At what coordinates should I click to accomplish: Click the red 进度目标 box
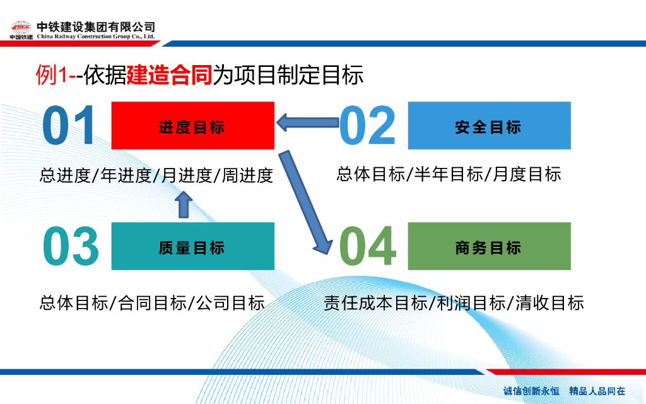[192, 126]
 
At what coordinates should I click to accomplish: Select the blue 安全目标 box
[489, 126]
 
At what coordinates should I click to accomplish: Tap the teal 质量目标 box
[192, 246]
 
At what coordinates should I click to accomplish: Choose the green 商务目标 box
[489, 246]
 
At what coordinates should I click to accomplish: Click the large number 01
[69, 126]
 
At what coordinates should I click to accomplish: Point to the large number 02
[367, 126]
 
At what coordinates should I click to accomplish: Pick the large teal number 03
[71, 246]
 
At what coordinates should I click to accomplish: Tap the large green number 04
[368, 246]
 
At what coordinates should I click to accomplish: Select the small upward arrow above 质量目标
[183, 204]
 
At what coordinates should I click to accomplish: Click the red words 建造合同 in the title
[170, 75]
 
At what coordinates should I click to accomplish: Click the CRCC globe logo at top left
[21, 28]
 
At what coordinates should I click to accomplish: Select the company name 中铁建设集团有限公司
[95, 27]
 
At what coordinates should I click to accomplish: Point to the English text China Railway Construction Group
[95, 37]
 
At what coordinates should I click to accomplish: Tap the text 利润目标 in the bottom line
[466, 302]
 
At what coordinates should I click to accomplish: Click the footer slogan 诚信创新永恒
[531, 391]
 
